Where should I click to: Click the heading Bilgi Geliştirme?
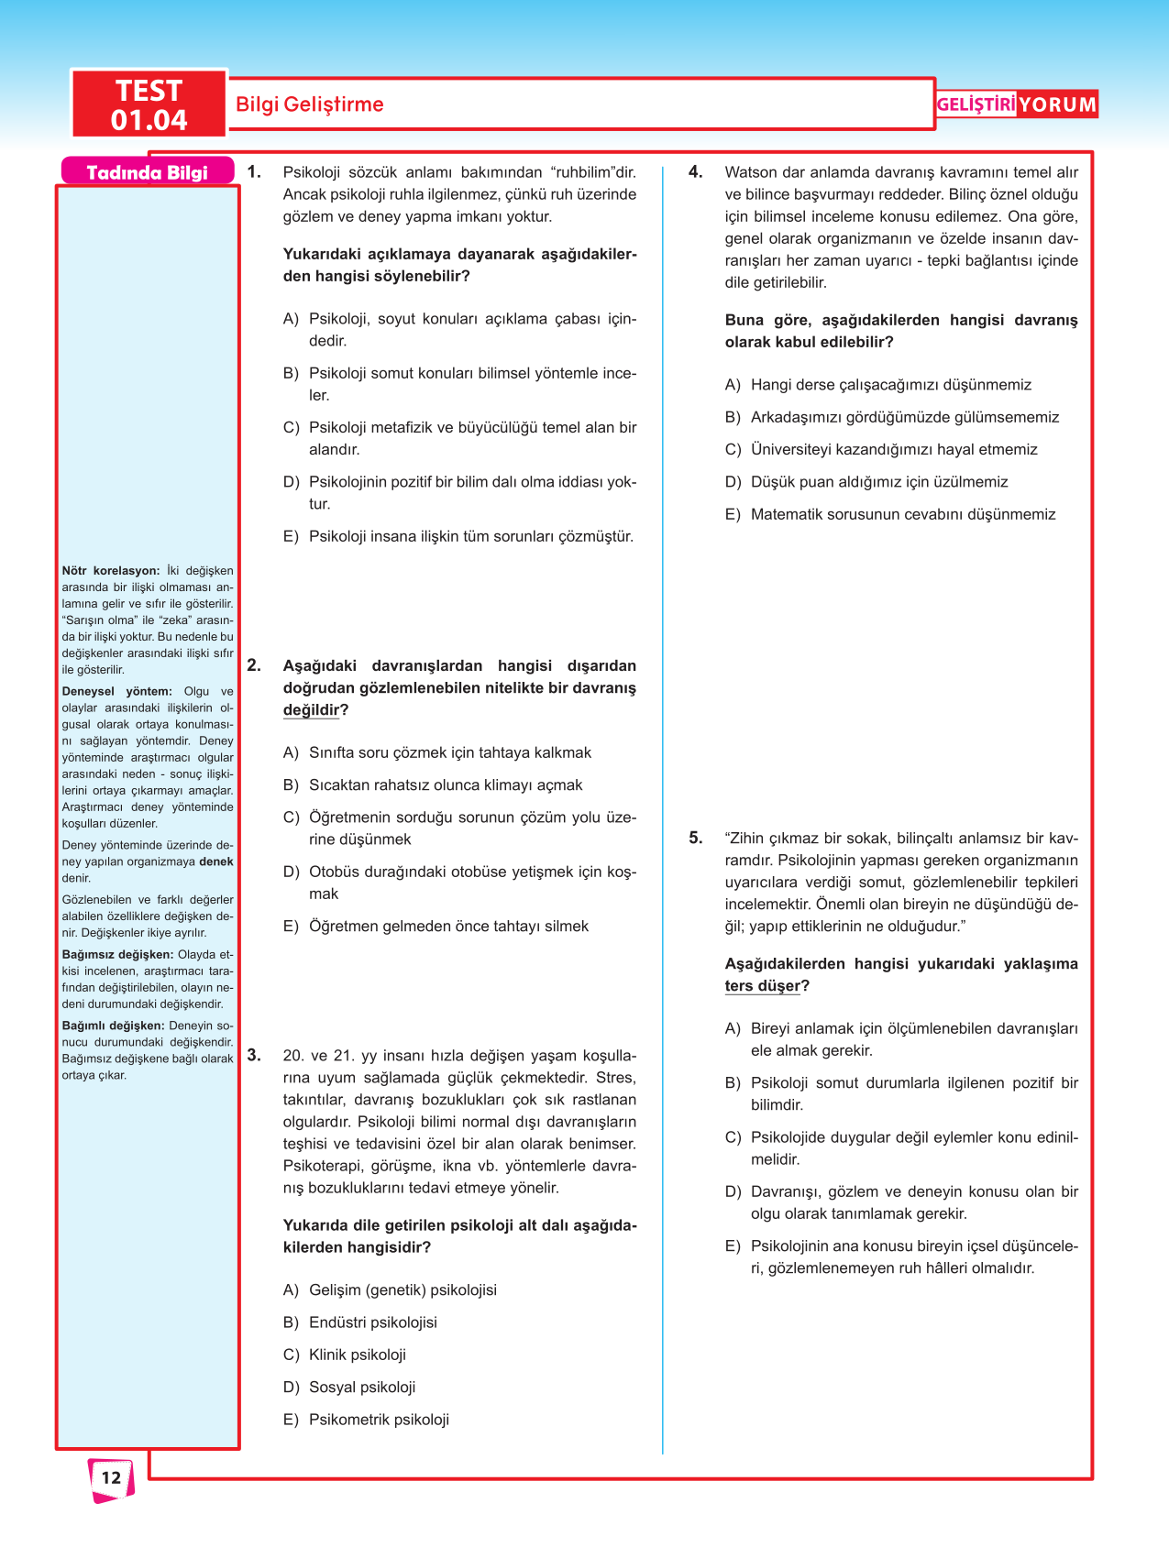pyautogui.click(x=309, y=104)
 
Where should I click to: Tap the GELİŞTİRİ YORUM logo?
pyautogui.click(x=1016, y=104)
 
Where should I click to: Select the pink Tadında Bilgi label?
pyautogui.click(x=147, y=172)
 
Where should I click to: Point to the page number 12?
pyautogui.click(x=111, y=1477)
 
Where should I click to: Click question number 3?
pyautogui.click(x=254, y=1055)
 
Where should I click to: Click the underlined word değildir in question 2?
pyautogui.click(x=311, y=710)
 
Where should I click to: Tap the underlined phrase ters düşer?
pyautogui.click(x=762, y=986)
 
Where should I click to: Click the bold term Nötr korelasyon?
pyautogui.click(x=110, y=571)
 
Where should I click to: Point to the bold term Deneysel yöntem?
pyautogui.click(x=116, y=692)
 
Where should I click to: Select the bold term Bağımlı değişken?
pyautogui.click(x=113, y=1026)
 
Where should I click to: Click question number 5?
pyautogui.click(x=696, y=838)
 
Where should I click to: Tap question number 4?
pyautogui.click(x=696, y=172)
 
